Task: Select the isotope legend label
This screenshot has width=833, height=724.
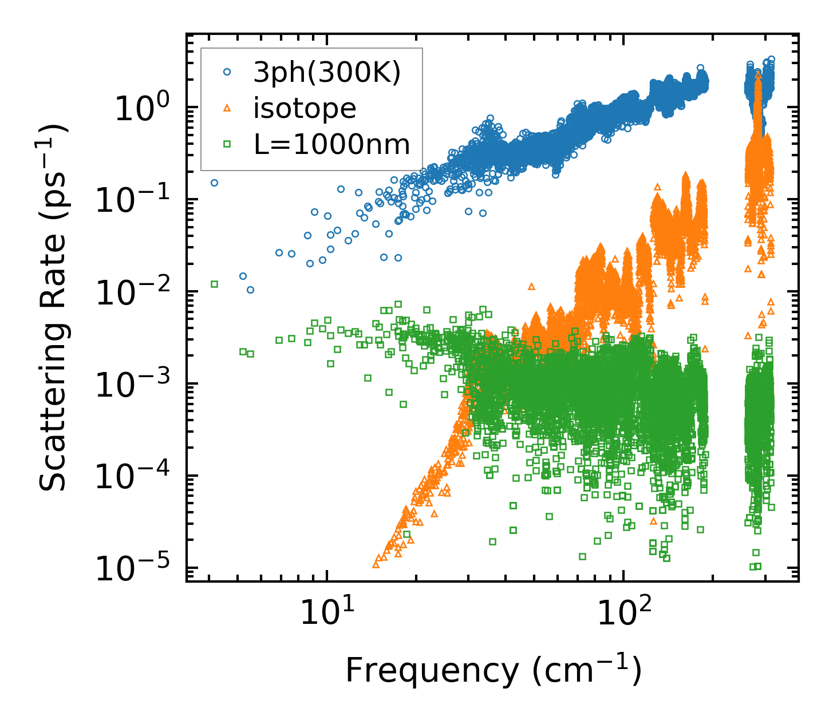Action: pos(305,108)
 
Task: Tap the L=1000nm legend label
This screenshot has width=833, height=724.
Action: pos(332,144)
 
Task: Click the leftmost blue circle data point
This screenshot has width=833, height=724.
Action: pos(214,183)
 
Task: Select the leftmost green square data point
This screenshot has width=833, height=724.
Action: pos(214,284)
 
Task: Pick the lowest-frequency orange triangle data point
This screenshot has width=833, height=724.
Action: pos(376,564)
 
